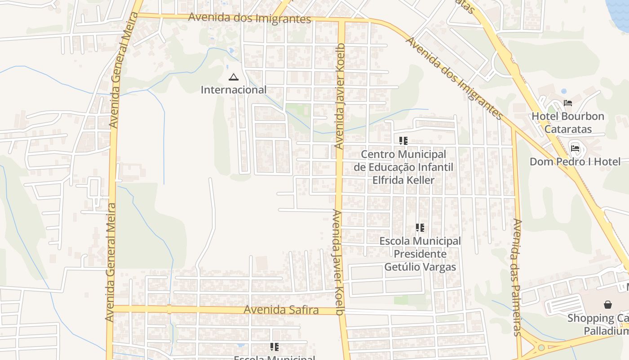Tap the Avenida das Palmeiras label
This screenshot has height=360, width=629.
click(517, 277)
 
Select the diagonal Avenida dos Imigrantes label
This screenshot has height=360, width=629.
click(454, 78)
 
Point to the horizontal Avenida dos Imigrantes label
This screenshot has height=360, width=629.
click(249, 18)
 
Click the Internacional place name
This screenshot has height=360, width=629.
click(233, 90)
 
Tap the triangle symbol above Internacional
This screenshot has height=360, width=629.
click(233, 77)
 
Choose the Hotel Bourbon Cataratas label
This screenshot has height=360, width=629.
click(567, 122)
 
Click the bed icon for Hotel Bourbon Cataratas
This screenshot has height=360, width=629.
click(568, 103)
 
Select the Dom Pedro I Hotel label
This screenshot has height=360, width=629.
click(575, 162)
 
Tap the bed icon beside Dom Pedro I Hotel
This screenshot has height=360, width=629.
click(575, 148)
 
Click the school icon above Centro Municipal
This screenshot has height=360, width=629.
click(403, 141)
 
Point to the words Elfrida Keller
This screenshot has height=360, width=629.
click(403, 180)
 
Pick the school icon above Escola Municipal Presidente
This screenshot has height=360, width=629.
click(420, 228)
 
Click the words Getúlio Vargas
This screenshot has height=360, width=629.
click(420, 267)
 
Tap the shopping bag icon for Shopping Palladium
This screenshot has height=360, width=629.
click(607, 305)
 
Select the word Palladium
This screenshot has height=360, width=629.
click(606, 331)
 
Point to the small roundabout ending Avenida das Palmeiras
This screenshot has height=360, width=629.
click(541, 348)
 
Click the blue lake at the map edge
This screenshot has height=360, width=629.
click(620, 9)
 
